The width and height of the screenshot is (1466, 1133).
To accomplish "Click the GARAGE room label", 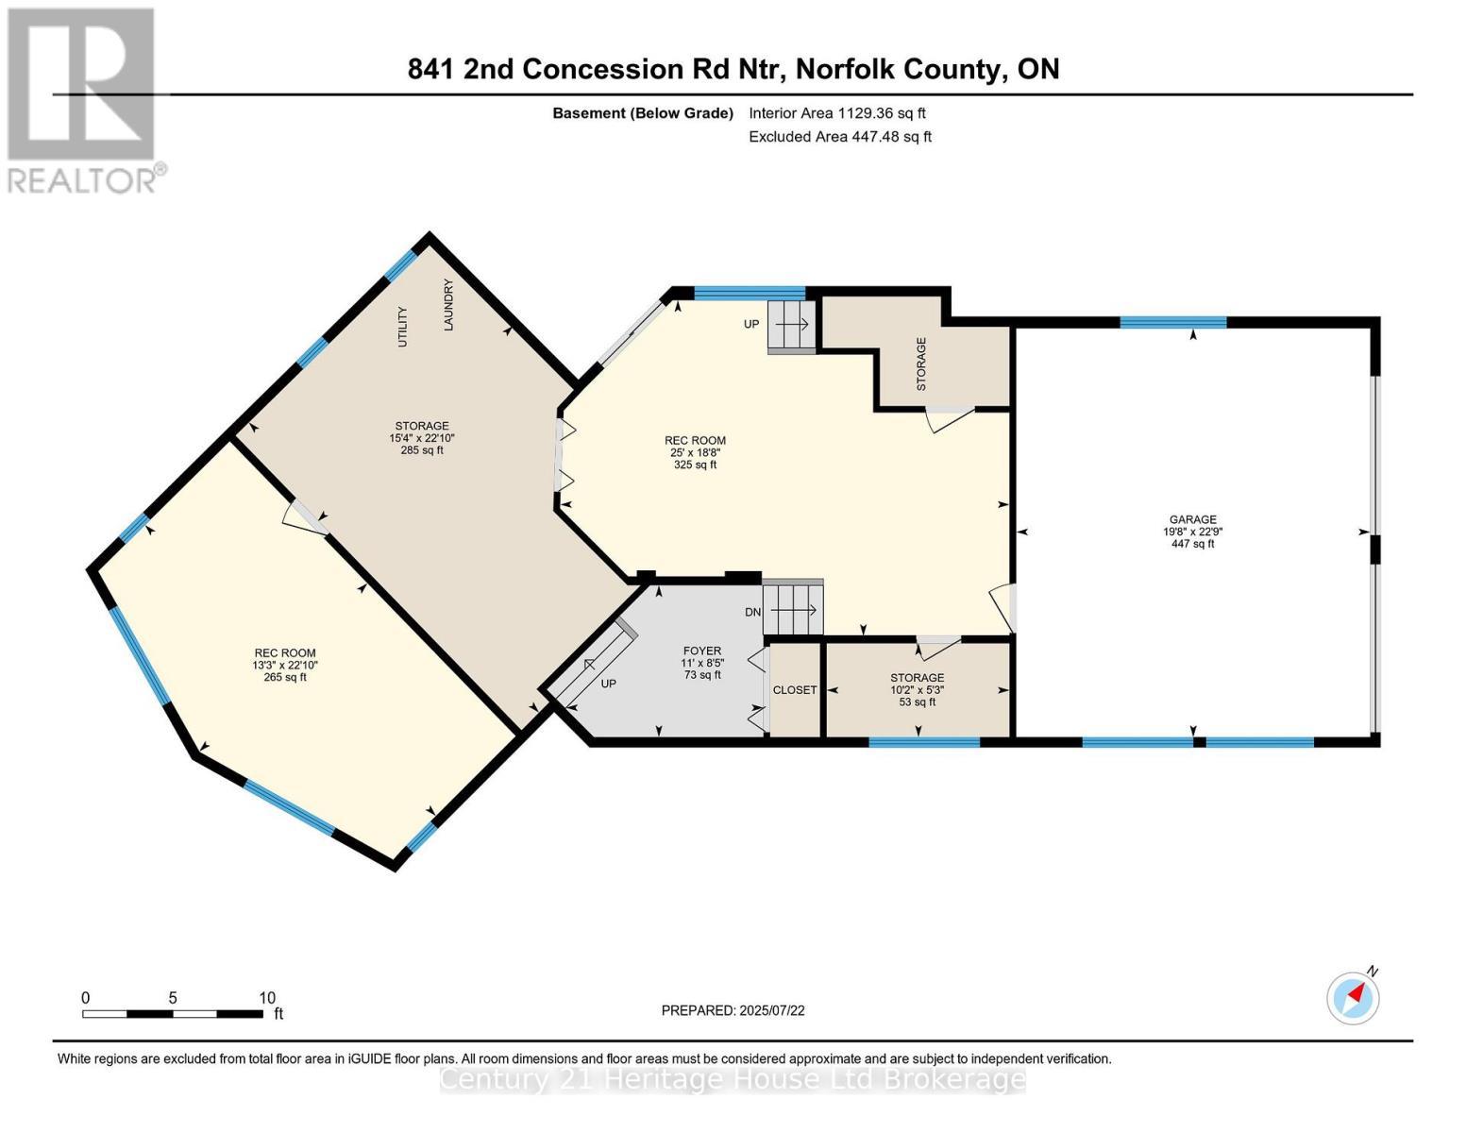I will [1192, 519].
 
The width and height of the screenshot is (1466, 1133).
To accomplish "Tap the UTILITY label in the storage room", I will [403, 327].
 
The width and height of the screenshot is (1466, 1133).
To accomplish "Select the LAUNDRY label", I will [449, 305].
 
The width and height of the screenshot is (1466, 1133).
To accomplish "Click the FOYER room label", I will [701, 651].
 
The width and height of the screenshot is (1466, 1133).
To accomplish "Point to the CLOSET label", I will [795, 690].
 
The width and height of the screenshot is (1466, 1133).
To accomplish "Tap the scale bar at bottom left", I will [173, 1013].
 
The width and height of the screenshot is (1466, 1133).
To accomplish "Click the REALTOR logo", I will [82, 99].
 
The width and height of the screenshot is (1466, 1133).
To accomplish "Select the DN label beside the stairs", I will [752, 612].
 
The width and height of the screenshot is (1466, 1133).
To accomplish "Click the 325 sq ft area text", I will [695, 465].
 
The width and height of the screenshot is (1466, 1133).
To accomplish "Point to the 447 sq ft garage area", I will [1192, 544].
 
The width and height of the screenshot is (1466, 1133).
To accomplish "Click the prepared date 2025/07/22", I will [733, 1010].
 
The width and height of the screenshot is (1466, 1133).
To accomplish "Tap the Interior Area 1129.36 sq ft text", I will [836, 113].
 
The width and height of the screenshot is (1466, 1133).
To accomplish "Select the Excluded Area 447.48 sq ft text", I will [839, 137].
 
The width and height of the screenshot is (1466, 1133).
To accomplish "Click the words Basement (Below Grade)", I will [642, 113].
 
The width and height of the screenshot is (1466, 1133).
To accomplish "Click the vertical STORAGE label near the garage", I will [921, 364].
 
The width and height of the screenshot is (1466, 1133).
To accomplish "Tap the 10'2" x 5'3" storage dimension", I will [917, 690].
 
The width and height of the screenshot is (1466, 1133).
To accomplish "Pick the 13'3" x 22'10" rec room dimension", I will [285, 665].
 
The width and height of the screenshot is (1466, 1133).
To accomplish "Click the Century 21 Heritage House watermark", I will [733, 1078].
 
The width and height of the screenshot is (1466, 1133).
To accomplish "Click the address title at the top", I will [733, 69].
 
